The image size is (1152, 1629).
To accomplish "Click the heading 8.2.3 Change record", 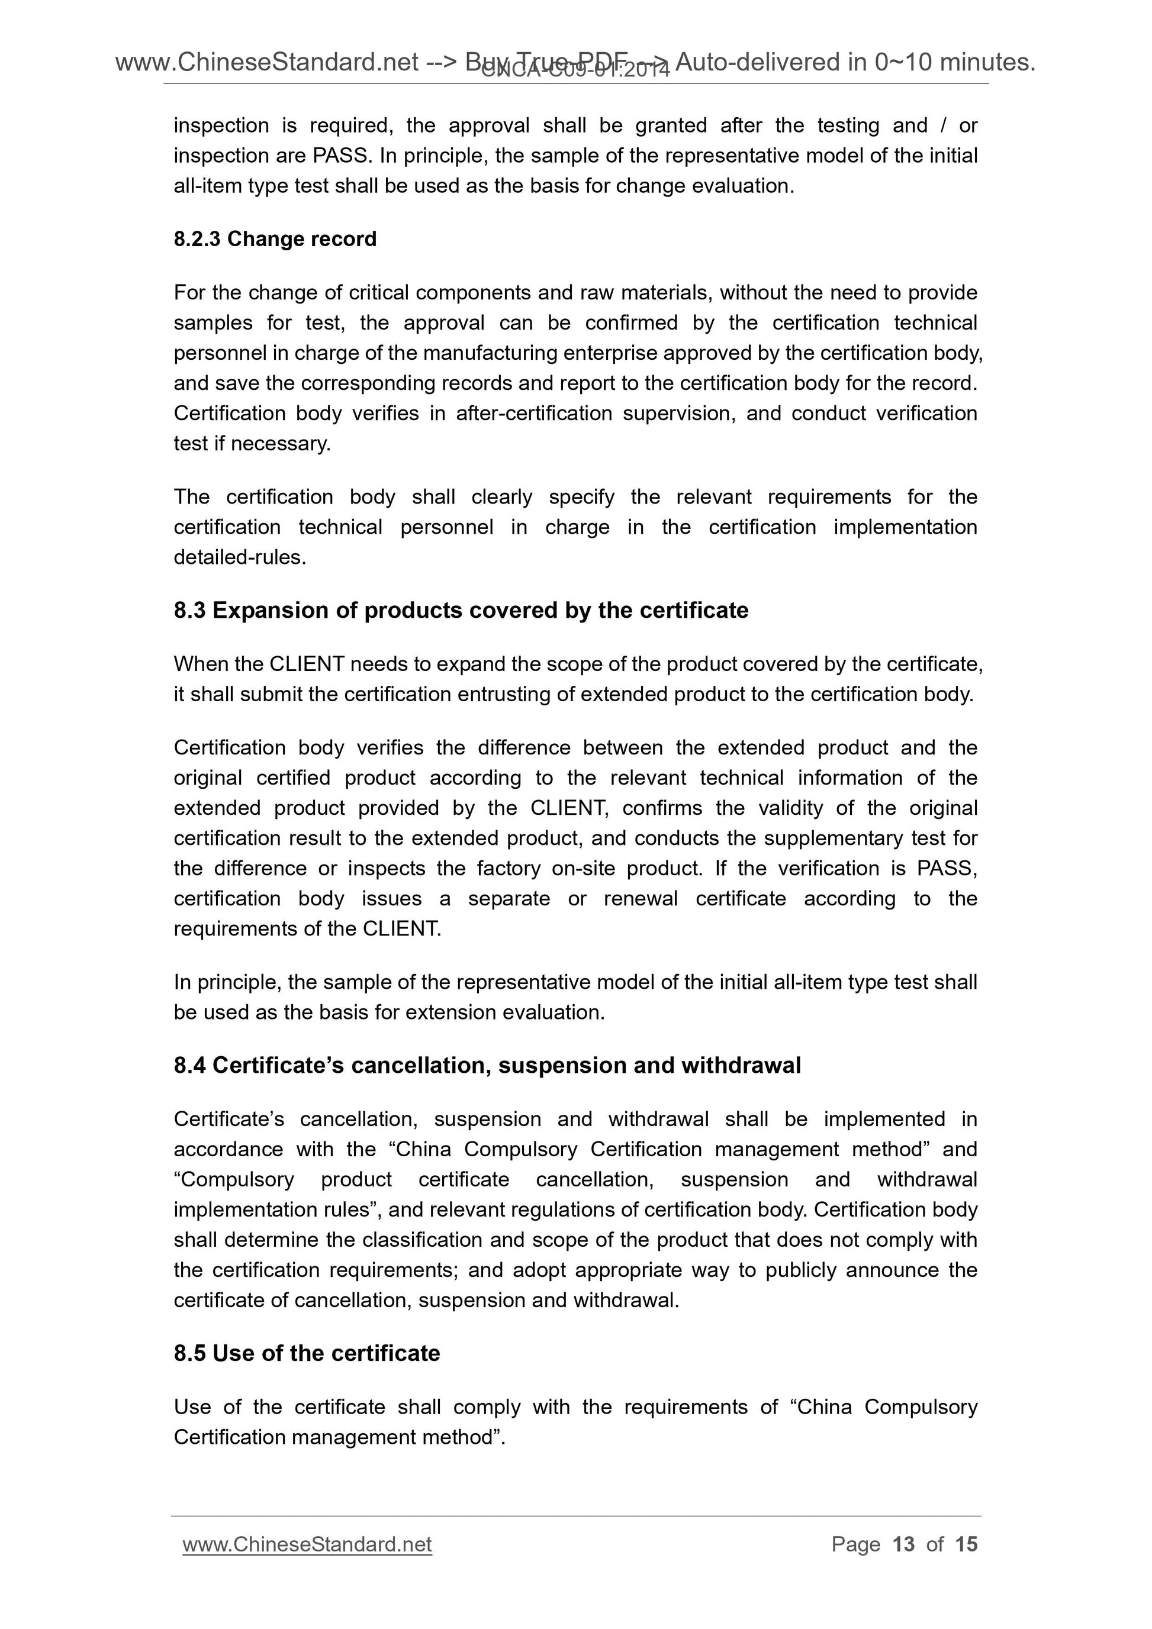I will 275,239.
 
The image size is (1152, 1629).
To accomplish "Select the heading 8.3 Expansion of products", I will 461,610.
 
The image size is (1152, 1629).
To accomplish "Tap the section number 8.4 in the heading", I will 189,1065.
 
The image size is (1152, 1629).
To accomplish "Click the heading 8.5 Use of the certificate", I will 307,1353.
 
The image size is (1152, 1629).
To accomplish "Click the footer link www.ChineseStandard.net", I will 307,1544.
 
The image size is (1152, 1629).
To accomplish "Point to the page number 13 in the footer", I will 903,1544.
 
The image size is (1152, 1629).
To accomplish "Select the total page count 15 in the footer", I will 966,1544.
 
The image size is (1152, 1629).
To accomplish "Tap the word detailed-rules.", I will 240,557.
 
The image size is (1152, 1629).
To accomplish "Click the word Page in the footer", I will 855,1544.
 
